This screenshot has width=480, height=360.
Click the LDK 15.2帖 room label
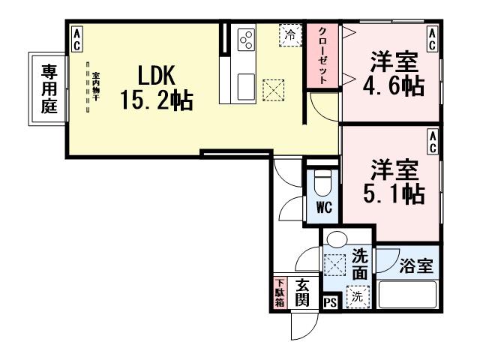(x=156, y=87)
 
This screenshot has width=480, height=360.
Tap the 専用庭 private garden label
(x=49, y=87)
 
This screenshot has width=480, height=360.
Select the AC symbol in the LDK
(x=76, y=39)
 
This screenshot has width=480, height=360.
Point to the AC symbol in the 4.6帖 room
(x=433, y=39)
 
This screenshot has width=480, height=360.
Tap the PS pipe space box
(x=330, y=302)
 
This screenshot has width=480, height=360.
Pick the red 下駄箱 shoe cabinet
(x=279, y=292)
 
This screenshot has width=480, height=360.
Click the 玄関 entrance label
(x=302, y=292)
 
